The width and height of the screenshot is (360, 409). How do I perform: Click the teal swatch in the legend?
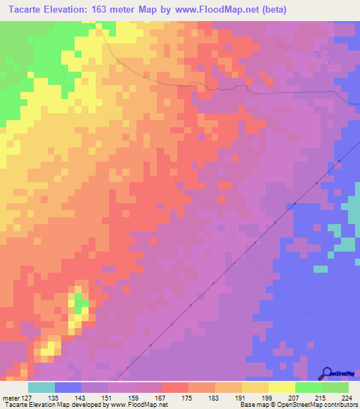coord(41,387)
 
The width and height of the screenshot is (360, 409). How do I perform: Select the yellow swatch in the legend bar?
coord(281,387)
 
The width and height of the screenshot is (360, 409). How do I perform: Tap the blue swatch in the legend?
coord(68,387)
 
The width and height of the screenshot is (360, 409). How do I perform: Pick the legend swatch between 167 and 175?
coord(174,387)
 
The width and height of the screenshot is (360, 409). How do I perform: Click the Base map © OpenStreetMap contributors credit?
coord(298,404)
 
